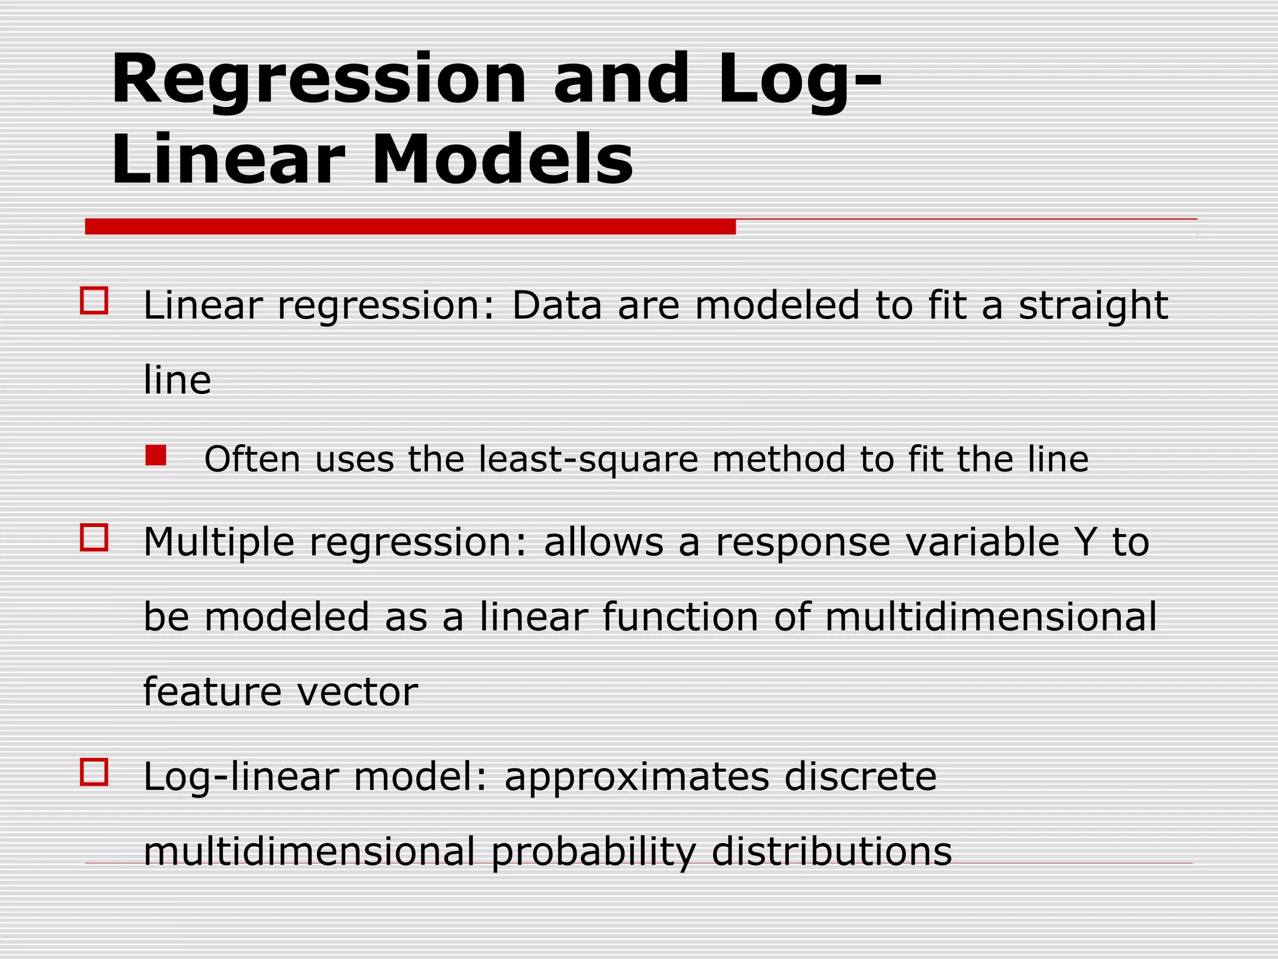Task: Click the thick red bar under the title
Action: pyautogui.click(x=410, y=227)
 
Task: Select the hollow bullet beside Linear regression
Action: pyautogui.click(x=94, y=300)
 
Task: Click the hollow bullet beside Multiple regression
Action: pyautogui.click(x=94, y=537)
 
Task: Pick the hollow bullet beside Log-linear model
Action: pyautogui.click(x=94, y=772)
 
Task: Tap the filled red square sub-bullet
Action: pyautogui.click(x=155, y=455)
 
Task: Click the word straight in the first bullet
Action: pyautogui.click(x=1093, y=306)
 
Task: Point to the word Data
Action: pyautogui.click(x=557, y=306)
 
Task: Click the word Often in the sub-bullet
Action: pyautogui.click(x=252, y=460)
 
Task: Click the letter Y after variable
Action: pyautogui.click(x=1086, y=542)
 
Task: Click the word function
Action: pyautogui.click(x=680, y=617)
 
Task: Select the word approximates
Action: pyautogui.click(x=637, y=778)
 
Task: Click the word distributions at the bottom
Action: pyautogui.click(x=831, y=852)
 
